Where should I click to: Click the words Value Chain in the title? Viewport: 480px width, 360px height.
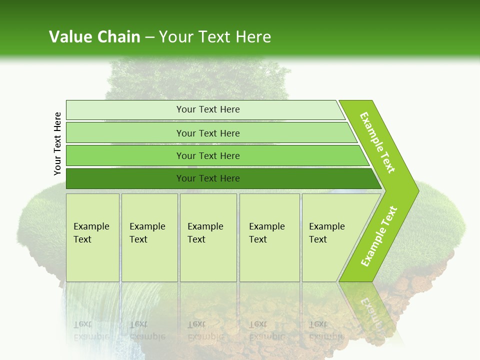tap(94, 36)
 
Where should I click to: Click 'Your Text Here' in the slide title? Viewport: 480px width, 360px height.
tap(215, 36)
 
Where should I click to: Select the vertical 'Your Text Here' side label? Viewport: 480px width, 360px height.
tap(57, 143)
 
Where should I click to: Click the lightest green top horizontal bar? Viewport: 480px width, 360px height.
tap(125, 110)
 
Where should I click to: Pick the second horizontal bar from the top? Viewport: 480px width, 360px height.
tap(125, 133)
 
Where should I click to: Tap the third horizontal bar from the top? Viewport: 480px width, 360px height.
tap(125, 155)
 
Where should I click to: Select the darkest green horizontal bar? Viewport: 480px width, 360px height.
tap(125, 178)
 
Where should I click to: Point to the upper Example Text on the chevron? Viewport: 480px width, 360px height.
tap(377, 142)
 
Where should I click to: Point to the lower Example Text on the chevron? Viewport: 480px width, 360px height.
tap(379, 236)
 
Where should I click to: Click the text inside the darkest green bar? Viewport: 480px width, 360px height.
tap(208, 178)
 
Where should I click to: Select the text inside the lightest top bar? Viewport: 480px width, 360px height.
tap(208, 109)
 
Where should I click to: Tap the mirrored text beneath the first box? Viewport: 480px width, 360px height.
tap(91, 330)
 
